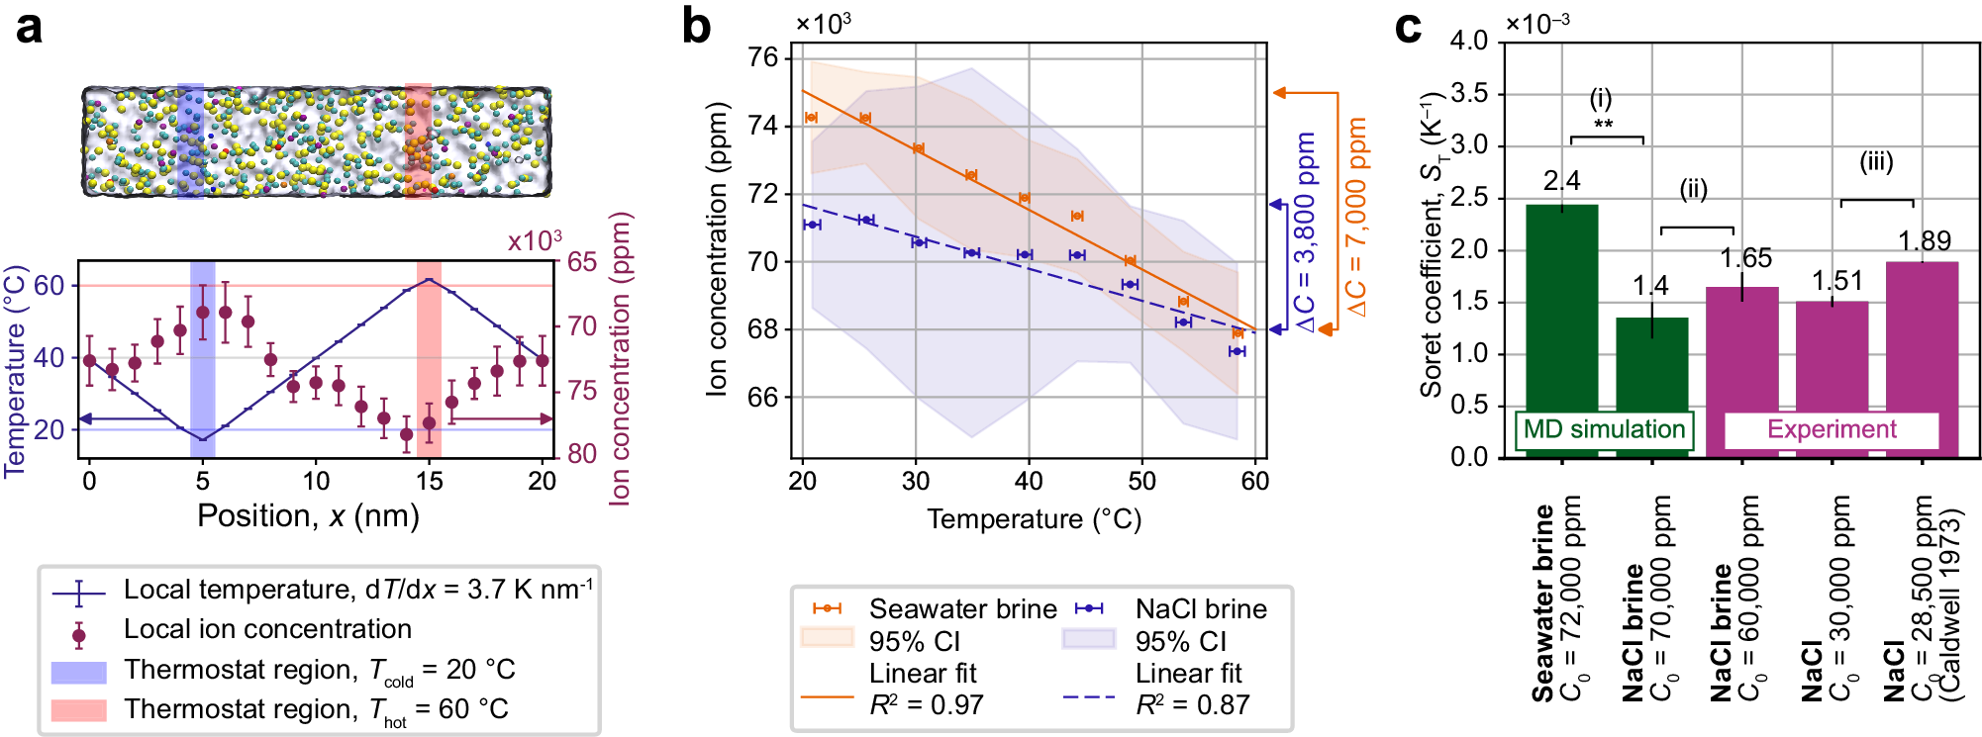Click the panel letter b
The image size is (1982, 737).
pyautogui.click(x=696, y=27)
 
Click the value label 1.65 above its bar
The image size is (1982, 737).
pyautogui.click(x=1744, y=258)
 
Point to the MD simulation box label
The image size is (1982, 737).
pyautogui.click(x=1603, y=429)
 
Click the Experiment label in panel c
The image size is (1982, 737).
pyautogui.click(x=1831, y=429)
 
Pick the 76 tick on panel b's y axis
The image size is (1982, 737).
pyautogui.click(x=763, y=58)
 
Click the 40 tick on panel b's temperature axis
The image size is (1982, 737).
pyautogui.click(x=1029, y=482)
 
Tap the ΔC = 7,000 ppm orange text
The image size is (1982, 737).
pyautogui.click(x=1357, y=217)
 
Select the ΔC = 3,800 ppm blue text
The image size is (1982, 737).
pyautogui.click(x=1307, y=231)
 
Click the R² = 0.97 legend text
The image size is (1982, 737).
pyautogui.click(x=926, y=705)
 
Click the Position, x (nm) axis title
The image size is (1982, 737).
pyautogui.click(x=308, y=516)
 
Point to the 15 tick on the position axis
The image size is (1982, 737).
pyautogui.click(x=429, y=482)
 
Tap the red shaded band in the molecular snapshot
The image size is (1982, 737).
pyautogui.click(x=418, y=140)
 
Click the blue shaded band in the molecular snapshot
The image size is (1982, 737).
pyautogui.click(x=190, y=140)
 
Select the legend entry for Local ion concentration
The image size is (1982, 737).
pyautogui.click(x=267, y=629)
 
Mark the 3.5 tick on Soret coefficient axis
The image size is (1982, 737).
pyautogui.click(x=1468, y=94)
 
